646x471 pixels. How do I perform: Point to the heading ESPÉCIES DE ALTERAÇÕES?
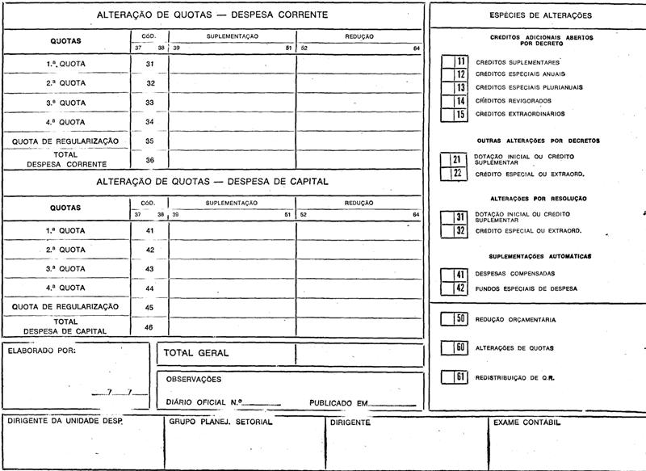[540, 15]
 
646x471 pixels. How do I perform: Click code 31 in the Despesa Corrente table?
[149, 63]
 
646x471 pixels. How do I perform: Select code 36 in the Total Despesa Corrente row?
[149, 159]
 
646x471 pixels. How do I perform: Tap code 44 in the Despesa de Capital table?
[149, 288]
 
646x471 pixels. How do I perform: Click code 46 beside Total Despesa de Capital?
[149, 326]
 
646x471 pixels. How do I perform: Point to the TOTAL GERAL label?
[196, 353]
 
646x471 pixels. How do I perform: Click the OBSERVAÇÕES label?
[193, 379]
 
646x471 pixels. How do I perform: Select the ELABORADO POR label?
[41, 351]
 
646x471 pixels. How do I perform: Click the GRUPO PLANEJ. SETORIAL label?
[220, 423]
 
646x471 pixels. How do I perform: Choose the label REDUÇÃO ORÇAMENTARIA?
[515, 320]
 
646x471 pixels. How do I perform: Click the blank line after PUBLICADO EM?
[393, 403]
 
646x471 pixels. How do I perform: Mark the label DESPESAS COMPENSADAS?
[514, 274]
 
